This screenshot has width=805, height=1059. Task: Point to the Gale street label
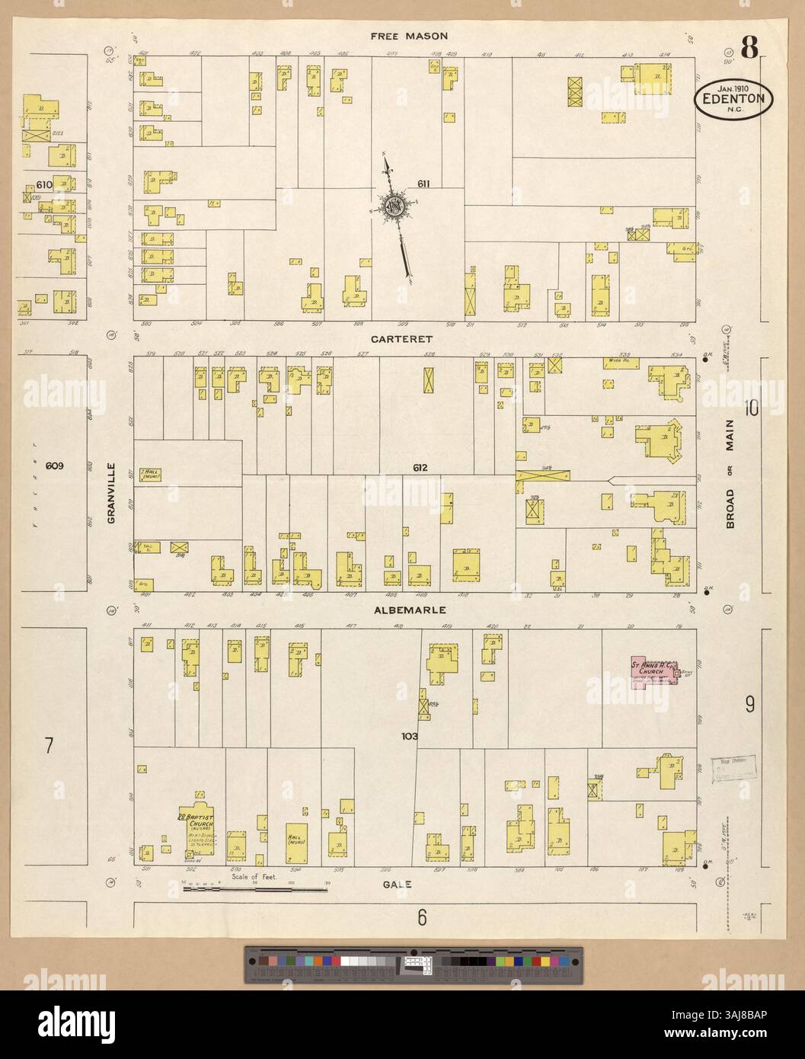pos(403,884)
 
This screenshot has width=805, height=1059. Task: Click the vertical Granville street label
pos(111,493)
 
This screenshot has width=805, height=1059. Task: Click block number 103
pos(410,737)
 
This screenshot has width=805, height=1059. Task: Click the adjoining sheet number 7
pos(48,745)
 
